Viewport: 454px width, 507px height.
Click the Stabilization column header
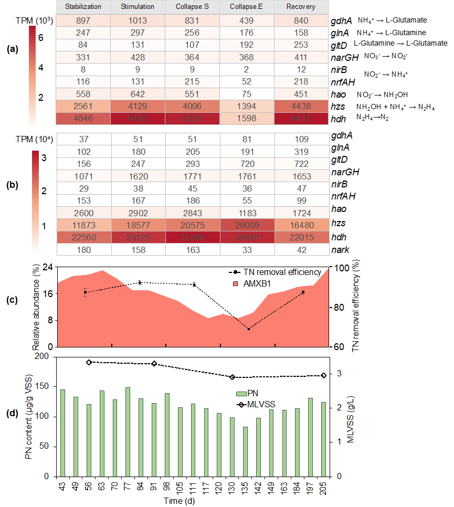pyautogui.click(x=83, y=7)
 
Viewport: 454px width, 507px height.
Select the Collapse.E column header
pyautogui.click(x=247, y=7)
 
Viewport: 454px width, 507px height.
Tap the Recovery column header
pyautogui.click(x=301, y=7)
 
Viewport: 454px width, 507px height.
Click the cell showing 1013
pyautogui.click(x=138, y=21)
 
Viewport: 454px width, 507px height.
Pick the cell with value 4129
pyautogui.click(x=138, y=105)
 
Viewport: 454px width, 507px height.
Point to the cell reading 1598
pyautogui.click(x=247, y=118)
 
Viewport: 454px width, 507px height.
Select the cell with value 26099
pyautogui.click(x=247, y=225)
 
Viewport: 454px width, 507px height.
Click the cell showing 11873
pyautogui.click(x=83, y=225)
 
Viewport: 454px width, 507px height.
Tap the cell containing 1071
pyautogui.click(x=83, y=176)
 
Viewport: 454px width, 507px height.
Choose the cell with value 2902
pyautogui.click(x=138, y=213)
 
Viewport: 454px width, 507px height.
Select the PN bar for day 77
pyautogui.click(x=128, y=432)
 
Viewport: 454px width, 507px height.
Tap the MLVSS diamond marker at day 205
pyautogui.click(x=323, y=375)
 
